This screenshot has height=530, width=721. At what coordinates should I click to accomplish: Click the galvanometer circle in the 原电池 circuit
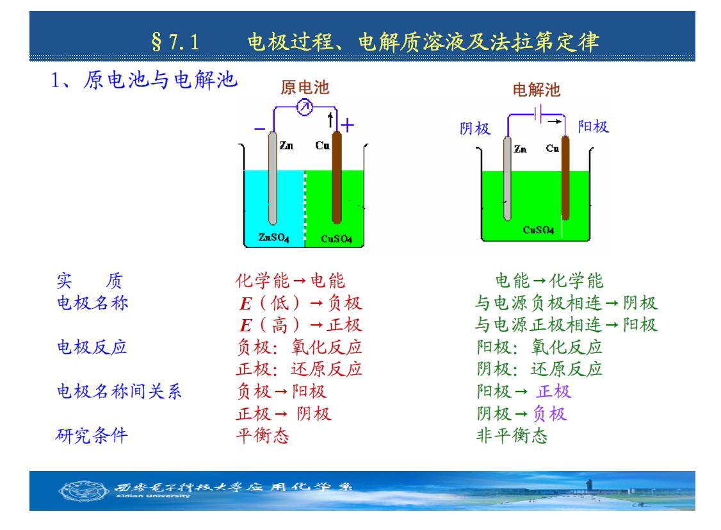pyautogui.click(x=304, y=108)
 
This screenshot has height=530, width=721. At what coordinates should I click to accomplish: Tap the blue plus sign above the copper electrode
pyautogui.click(x=347, y=125)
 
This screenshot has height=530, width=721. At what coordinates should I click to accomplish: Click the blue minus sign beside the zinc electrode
pyautogui.click(x=260, y=129)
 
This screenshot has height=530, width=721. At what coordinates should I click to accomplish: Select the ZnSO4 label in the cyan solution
pyautogui.click(x=273, y=237)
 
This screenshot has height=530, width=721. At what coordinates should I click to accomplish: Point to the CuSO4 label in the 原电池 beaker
pyautogui.click(x=336, y=239)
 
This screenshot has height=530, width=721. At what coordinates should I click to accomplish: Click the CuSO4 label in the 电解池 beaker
pyautogui.click(x=539, y=229)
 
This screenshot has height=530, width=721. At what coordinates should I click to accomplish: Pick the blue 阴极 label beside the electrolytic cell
pyautogui.click(x=475, y=128)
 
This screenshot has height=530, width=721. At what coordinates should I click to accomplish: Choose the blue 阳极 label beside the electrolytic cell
pyautogui.click(x=593, y=126)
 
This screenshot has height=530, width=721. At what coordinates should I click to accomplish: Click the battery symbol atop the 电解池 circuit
pyautogui.click(x=538, y=113)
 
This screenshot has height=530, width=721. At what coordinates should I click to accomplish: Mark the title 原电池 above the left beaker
pyautogui.click(x=305, y=87)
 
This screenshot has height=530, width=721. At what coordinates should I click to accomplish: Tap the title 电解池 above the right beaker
pyautogui.click(x=536, y=90)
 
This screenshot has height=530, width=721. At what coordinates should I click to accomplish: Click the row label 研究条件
pyautogui.click(x=92, y=435)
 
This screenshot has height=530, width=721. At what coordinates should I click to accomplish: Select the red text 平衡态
pyautogui.click(x=263, y=435)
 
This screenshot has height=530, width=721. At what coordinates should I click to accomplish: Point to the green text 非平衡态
pyautogui.click(x=512, y=435)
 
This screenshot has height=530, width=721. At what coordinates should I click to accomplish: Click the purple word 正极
pyautogui.click(x=554, y=392)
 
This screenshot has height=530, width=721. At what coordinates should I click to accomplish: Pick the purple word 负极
pyautogui.click(x=550, y=413)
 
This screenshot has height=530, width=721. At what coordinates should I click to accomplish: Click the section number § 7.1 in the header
pyautogui.click(x=175, y=42)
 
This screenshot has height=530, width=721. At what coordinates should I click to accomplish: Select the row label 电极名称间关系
pyautogui.click(x=119, y=392)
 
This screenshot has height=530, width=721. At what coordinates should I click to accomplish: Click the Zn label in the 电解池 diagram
pyautogui.click(x=520, y=149)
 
